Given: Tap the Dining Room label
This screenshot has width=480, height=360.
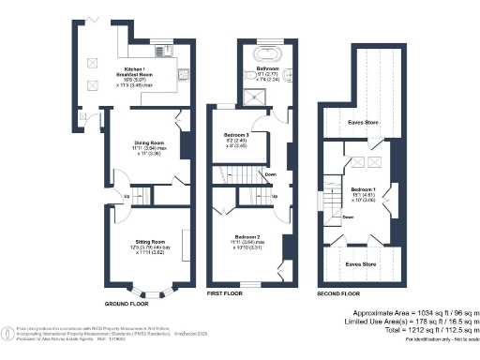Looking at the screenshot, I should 149,142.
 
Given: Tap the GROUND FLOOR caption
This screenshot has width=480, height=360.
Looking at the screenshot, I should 127,304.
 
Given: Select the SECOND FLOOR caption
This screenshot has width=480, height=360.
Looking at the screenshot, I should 338,293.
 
